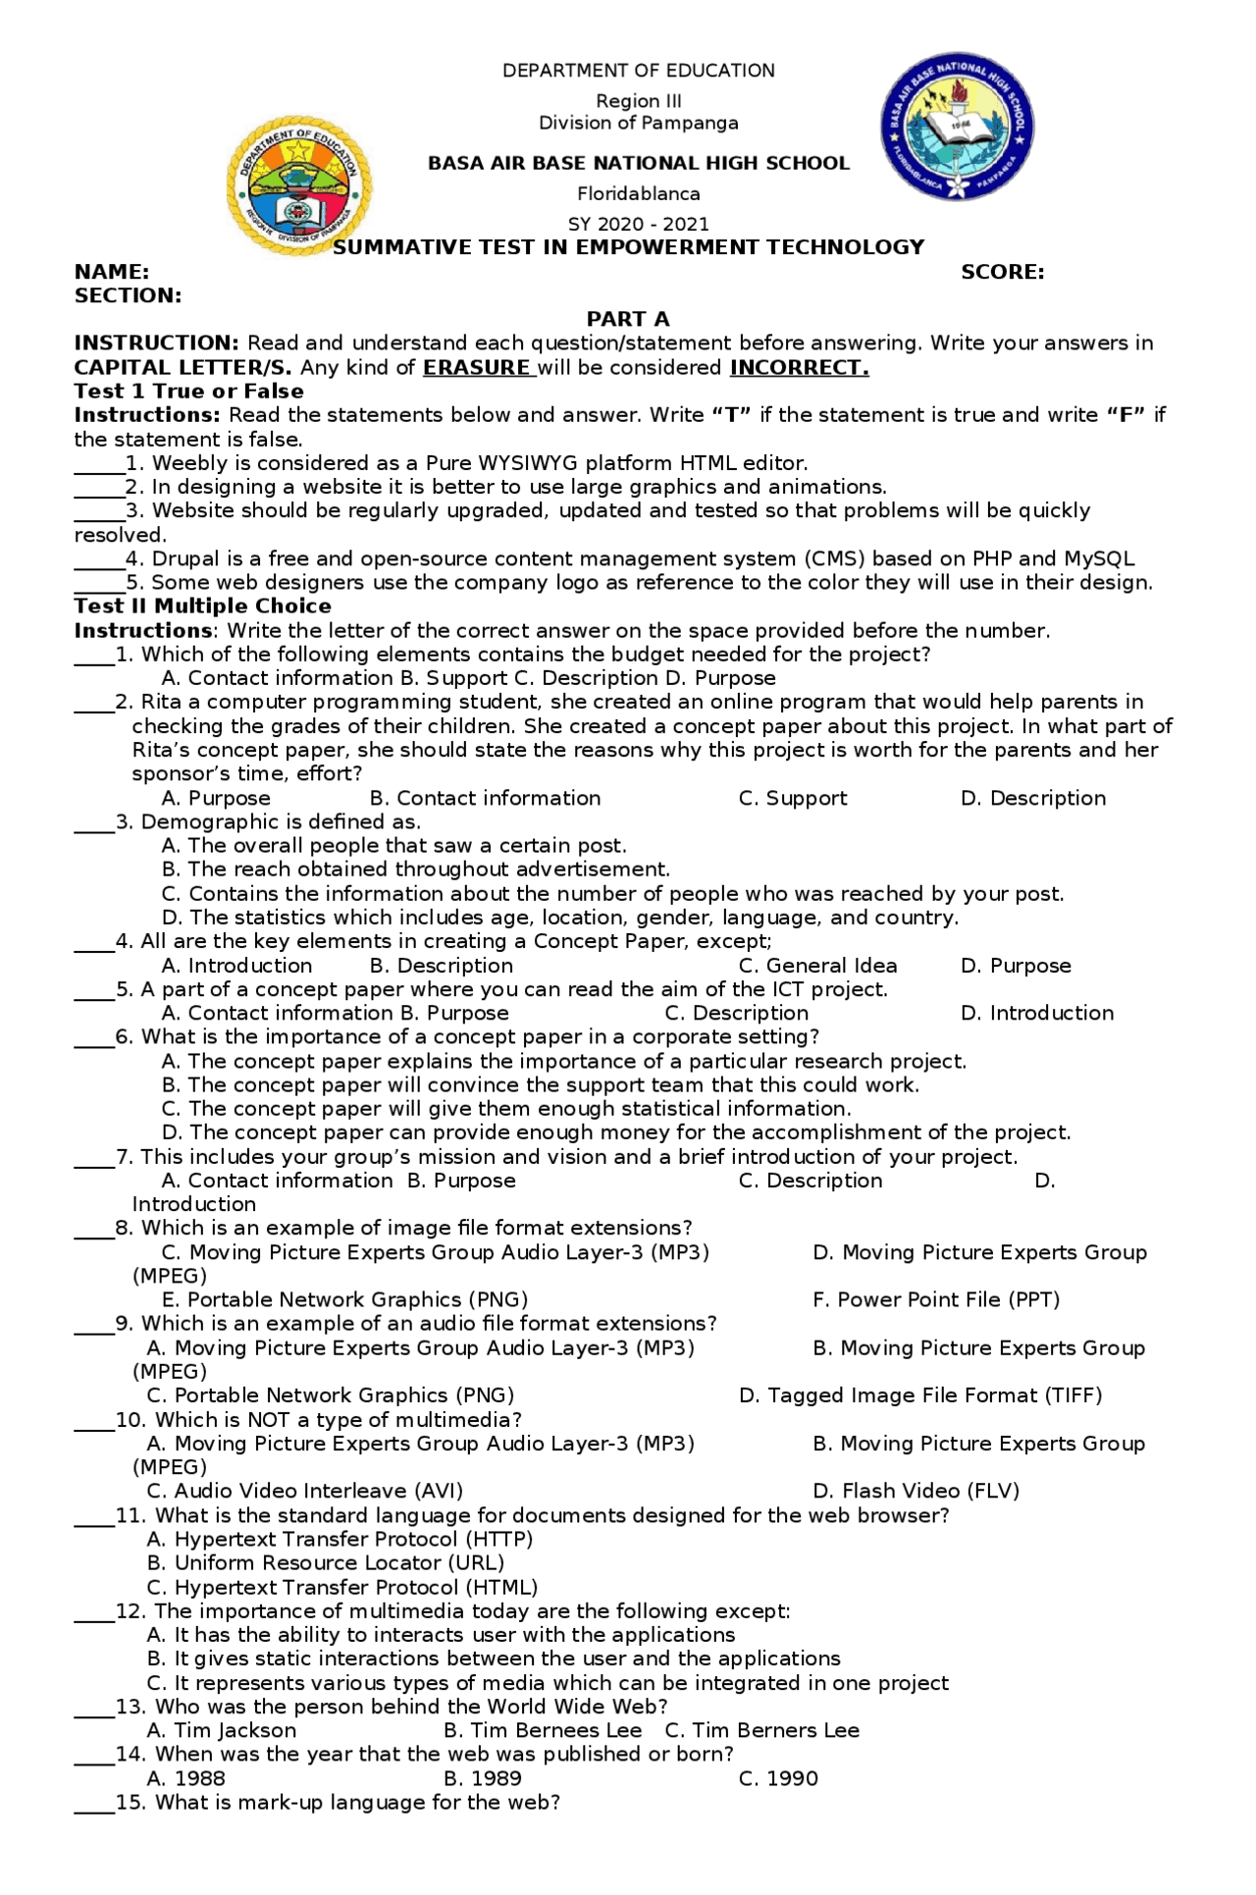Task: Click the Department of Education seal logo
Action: tap(298, 185)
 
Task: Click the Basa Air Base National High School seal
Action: tap(957, 127)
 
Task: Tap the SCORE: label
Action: tap(1002, 272)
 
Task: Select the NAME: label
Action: tap(112, 272)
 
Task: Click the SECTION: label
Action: tap(128, 295)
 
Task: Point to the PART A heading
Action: tap(628, 319)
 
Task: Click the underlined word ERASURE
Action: tap(477, 367)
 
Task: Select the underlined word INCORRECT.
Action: tap(799, 367)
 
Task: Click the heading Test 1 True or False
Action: tap(188, 391)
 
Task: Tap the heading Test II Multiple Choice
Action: tap(202, 605)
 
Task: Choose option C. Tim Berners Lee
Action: tap(761, 1730)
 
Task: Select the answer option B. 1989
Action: tap(482, 1778)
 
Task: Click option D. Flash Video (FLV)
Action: tap(916, 1491)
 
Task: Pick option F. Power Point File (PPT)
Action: tap(935, 1299)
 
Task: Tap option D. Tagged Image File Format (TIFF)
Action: tap(919, 1395)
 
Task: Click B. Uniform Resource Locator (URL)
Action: tap(325, 1562)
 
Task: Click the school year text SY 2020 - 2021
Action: tap(638, 224)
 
